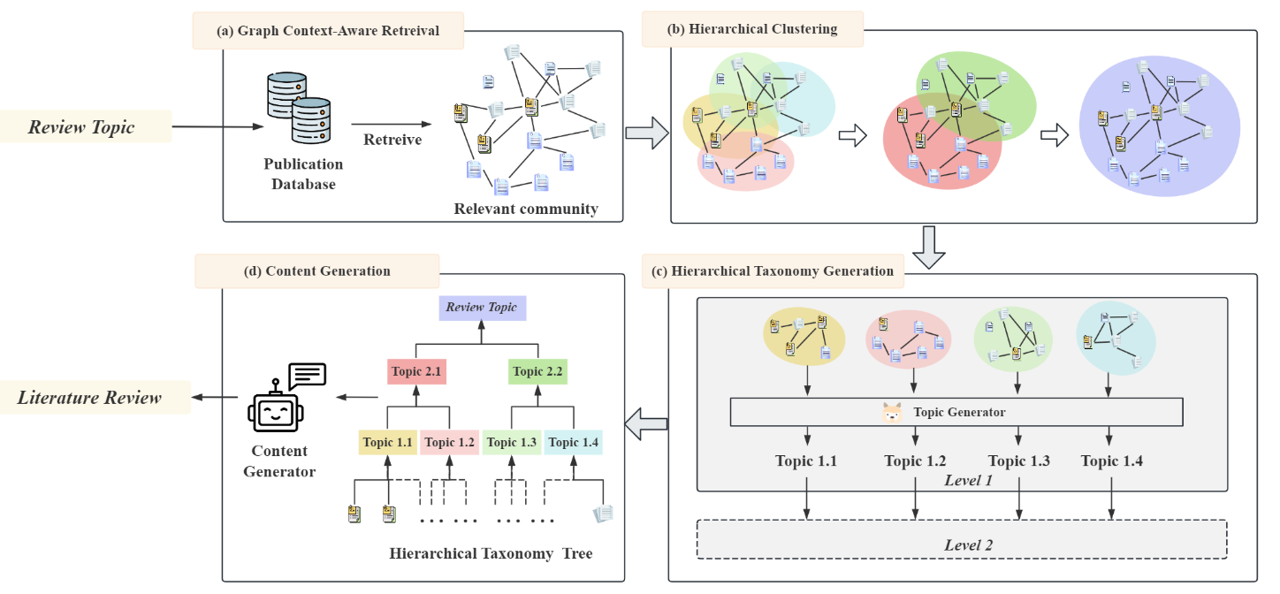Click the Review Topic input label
pos(81,126)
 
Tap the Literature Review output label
pos(90,397)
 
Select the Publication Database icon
pos(298,109)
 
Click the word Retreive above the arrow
pos(392,140)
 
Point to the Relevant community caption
pos(526,209)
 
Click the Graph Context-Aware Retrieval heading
pos(328,31)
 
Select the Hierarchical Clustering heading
pos(752,29)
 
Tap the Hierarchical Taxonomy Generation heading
pos(773,271)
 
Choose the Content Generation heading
pos(316,270)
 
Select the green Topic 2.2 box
pos(537,371)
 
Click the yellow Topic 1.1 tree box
pos(387,442)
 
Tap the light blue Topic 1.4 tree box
pos(573,442)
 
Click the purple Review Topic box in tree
pos(482,308)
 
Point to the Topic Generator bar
pos(956,412)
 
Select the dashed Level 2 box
pos(962,539)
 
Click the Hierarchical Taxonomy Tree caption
pos(491,554)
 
